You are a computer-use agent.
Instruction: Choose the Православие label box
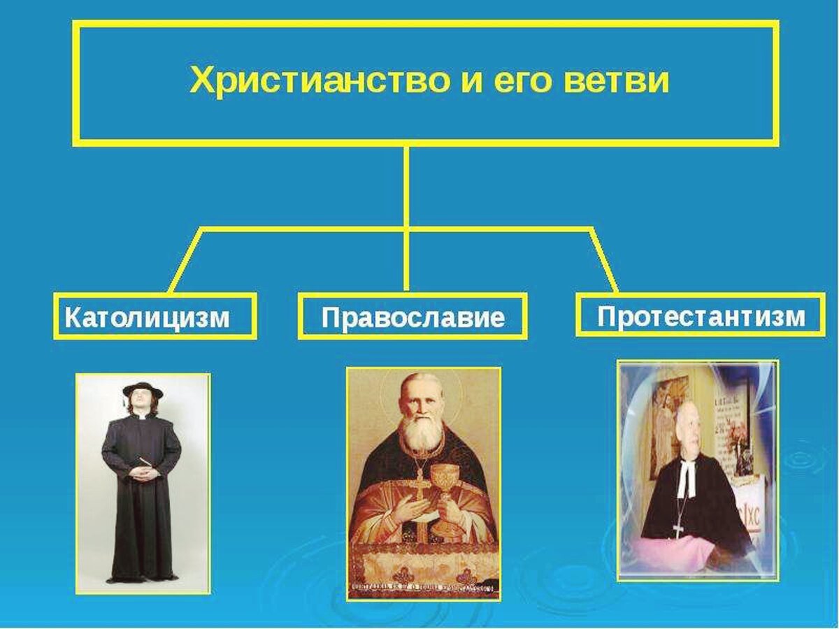click(x=413, y=317)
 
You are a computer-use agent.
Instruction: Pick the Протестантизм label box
click(x=701, y=315)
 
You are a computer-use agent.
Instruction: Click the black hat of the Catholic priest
click(x=143, y=389)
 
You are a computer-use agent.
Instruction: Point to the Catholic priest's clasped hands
click(x=145, y=473)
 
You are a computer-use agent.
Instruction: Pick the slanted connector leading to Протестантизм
click(x=605, y=259)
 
